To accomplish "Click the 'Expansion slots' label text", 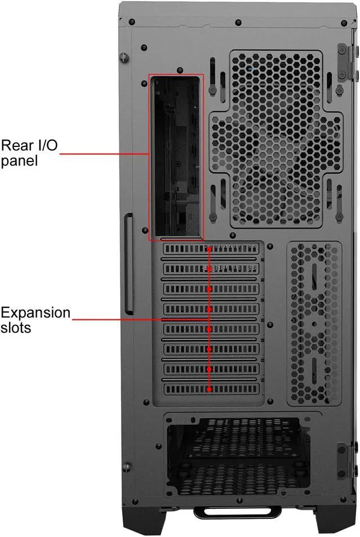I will [x=35, y=319].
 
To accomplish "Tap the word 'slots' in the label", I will [x=16, y=327].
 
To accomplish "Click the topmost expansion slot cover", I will [x=213, y=249].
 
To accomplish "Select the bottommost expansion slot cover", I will [x=213, y=389].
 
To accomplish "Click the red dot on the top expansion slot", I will [x=209, y=249].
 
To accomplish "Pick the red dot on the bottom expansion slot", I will [x=209, y=389].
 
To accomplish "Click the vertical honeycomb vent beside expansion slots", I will [x=314, y=324].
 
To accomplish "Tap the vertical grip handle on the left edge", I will [x=129, y=263].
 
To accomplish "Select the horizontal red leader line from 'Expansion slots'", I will [x=141, y=319].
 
